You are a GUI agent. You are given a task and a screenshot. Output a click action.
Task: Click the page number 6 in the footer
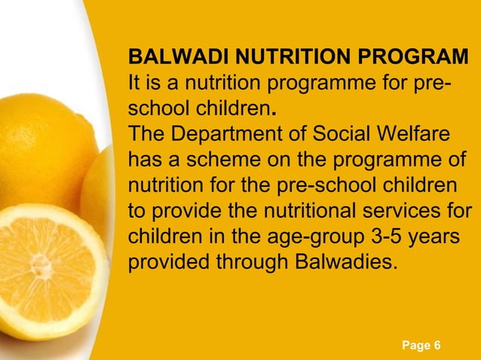(437, 345)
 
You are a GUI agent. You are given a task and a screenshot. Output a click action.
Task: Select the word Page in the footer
(415, 345)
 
